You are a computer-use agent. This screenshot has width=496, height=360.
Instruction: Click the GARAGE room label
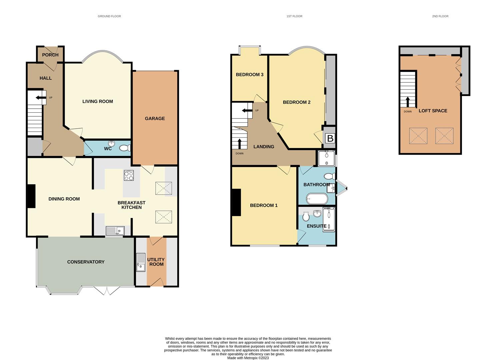pyautogui.click(x=155, y=118)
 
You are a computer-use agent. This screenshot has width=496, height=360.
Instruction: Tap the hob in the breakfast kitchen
pyautogui.click(x=129, y=175)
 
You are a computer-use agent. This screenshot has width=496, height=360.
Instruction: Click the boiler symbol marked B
pyautogui.click(x=330, y=138)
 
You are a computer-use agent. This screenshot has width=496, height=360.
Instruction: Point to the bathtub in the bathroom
pyautogui.click(x=317, y=199)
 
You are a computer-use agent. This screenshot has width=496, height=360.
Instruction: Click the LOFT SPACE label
pyautogui.click(x=433, y=111)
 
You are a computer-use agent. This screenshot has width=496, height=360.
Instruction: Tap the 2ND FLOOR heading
pyautogui.click(x=440, y=16)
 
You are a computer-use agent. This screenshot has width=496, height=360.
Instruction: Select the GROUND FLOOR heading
pyautogui.click(x=109, y=16)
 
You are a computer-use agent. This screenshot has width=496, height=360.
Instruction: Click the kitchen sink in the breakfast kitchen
pyautogui.click(x=115, y=231)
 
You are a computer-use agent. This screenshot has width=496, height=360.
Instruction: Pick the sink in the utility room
pyautogui.click(x=141, y=262)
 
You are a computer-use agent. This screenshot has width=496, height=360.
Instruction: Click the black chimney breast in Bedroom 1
pyautogui.click(x=236, y=202)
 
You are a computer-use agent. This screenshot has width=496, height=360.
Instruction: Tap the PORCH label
pyautogui.click(x=50, y=55)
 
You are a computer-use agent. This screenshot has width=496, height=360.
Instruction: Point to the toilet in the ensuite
pyautogui.click(x=306, y=216)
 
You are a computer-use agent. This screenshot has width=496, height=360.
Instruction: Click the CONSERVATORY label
pyautogui.click(x=86, y=262)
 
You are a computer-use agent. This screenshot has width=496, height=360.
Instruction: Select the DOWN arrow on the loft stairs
pyautogui.click(x=407, y=102)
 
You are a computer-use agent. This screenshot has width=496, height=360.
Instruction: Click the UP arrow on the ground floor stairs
pyautogui.click(x=40, y=97)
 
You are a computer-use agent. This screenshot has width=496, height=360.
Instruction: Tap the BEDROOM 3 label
pyautogui.click(x=250, y=75)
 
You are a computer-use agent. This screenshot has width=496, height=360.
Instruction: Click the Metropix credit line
pyautogui.click(x=248, y=358)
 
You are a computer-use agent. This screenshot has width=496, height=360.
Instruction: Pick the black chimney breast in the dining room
pyautogui.click(x=31, y=196)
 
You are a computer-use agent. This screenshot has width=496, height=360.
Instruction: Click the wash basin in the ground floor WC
pyautogui.click(x=112, y=143)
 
